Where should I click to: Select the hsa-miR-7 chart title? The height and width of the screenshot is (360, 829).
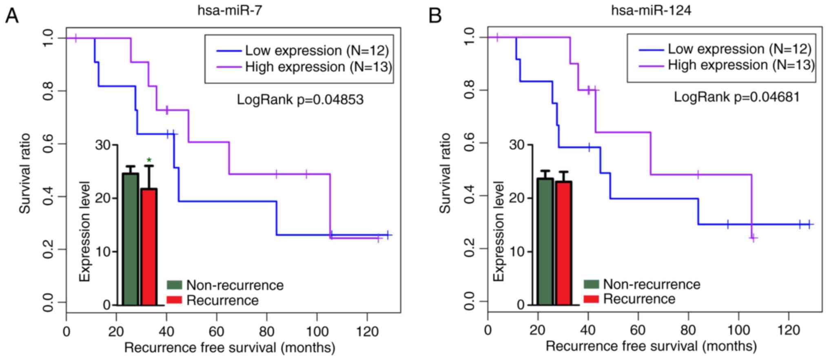coord(230,10)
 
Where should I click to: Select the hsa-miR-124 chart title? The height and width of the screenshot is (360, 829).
coord(651,10)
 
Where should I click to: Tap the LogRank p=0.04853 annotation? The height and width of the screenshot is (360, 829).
coord(300,100)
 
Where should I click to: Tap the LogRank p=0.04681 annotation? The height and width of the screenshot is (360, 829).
coord(736,97)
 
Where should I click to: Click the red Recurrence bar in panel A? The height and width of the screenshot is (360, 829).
coord(149,247)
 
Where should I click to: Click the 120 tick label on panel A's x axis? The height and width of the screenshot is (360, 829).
coord(367,331)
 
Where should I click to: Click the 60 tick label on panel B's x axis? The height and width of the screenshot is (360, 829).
coord(638,330)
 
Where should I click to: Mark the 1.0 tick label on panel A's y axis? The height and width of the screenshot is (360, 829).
coord(48,38)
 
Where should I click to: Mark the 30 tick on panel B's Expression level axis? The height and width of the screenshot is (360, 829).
coord(518,144)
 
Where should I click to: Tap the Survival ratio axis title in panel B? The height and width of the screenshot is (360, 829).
coord(446,173)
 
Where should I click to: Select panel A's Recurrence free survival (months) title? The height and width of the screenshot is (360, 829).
coord(230,348)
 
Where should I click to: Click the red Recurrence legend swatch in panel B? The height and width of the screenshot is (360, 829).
coord(591,299)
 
